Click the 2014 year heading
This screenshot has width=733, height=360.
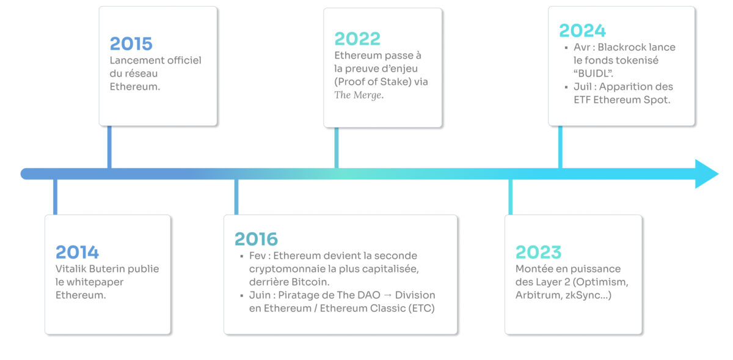(x=77, y=252)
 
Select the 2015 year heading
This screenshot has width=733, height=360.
(x=131, y=43)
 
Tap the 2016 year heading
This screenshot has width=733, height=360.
(x=256, y=239)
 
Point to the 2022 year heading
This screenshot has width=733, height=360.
(x=357, y=39)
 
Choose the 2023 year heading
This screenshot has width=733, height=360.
(x=538, y=252)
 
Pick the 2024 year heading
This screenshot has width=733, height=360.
(x=583, y=31)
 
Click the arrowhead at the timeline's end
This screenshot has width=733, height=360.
(x=707, y=174)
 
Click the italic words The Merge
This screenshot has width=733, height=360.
(x=359, y=95)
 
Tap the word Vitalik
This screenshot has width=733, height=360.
(x=71, y=268)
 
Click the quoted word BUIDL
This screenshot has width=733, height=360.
(x=593, y=73)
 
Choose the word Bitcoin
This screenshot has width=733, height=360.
(x=310, y=282)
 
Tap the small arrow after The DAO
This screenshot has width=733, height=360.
(x=387, y=295)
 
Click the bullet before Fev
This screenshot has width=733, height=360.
(x=242, y=256)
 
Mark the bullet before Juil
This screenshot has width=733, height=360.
(x=566, y=87)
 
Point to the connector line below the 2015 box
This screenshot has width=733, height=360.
(x=109, y=147)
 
